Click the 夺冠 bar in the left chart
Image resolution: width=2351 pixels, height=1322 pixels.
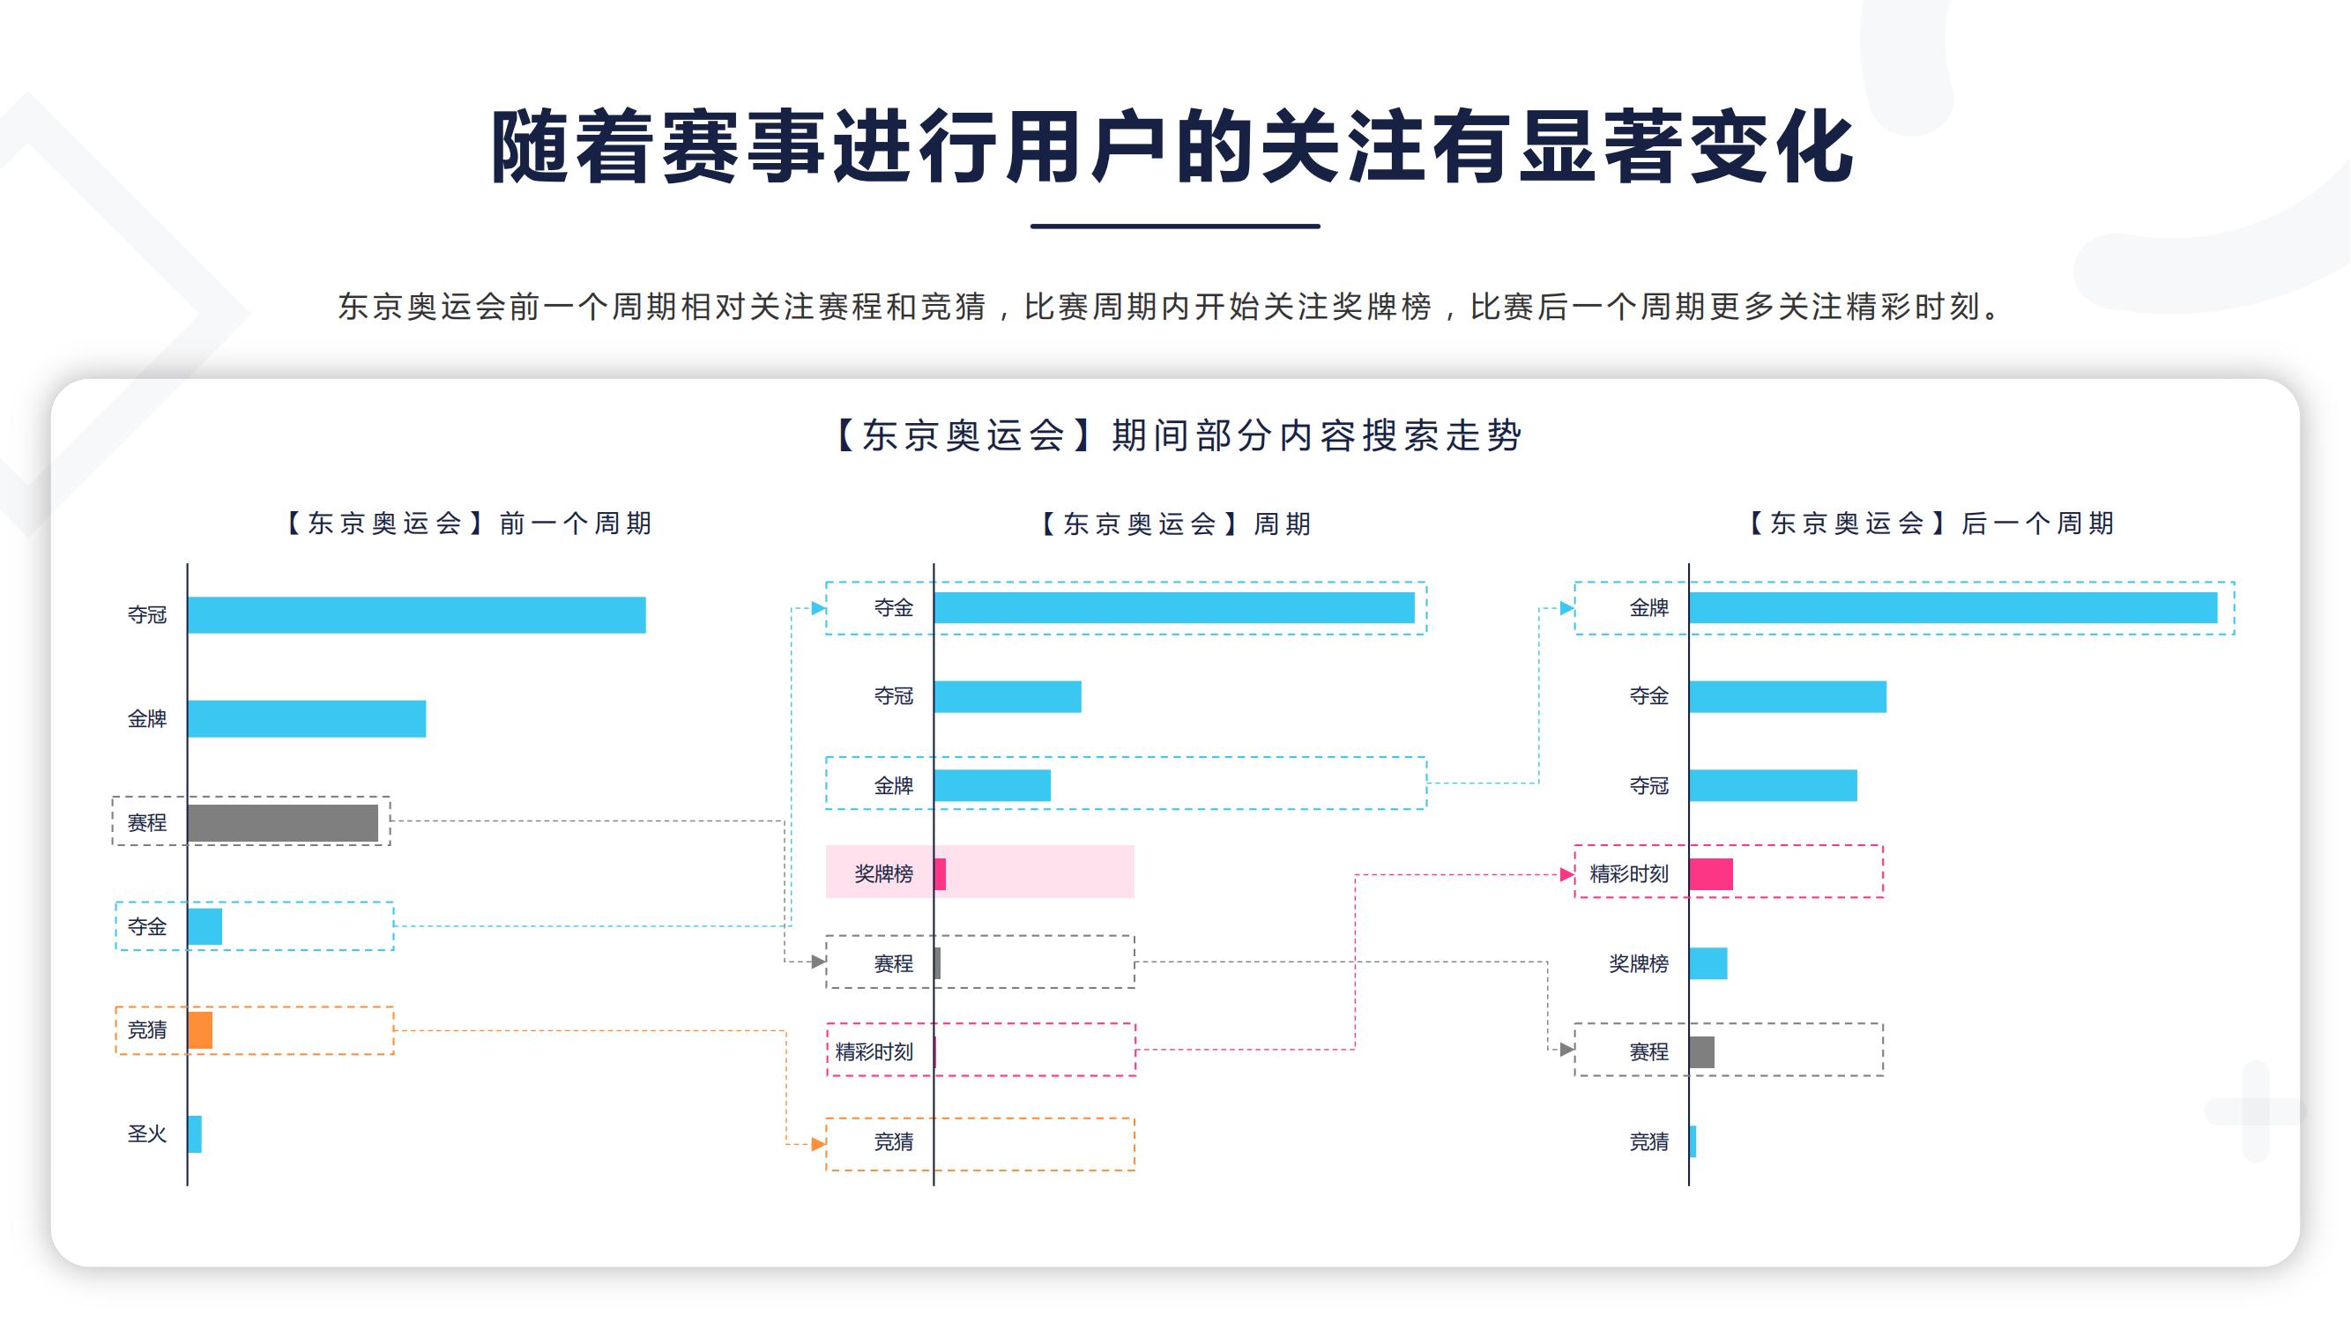click(416, 615)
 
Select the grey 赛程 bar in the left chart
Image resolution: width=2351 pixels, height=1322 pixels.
click(283, 823)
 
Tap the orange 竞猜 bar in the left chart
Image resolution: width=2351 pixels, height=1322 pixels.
click(200, 1030)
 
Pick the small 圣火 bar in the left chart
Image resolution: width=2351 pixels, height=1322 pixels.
click(195, 1134)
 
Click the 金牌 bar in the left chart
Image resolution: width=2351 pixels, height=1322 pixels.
click(307, 719)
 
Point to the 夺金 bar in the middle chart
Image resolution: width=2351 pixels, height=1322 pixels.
click(1173, 607)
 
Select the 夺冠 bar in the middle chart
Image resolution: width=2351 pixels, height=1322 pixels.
click(1008, 696)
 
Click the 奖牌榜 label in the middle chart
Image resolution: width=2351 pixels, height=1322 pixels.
click(883, 874)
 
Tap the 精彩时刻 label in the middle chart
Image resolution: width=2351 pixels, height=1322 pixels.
click(874, 1052)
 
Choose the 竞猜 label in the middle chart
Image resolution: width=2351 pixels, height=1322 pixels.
click(894, 1141)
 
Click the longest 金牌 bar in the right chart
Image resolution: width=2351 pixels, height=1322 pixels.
click(1953, 607)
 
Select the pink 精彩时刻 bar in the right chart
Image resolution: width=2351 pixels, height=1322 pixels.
click(1711, 874)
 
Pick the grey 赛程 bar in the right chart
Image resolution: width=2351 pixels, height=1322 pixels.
click(1702, 1052)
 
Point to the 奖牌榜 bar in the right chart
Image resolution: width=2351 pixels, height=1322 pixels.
click(1708, 963)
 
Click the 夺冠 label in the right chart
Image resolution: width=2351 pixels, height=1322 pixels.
click(1649, 785)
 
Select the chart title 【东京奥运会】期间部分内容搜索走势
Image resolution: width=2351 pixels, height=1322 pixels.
click(1177, 435)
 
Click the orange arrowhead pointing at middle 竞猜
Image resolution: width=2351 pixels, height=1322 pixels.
click(819, 1144)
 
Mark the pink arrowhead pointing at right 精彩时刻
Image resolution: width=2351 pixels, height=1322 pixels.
click(1566, 875)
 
